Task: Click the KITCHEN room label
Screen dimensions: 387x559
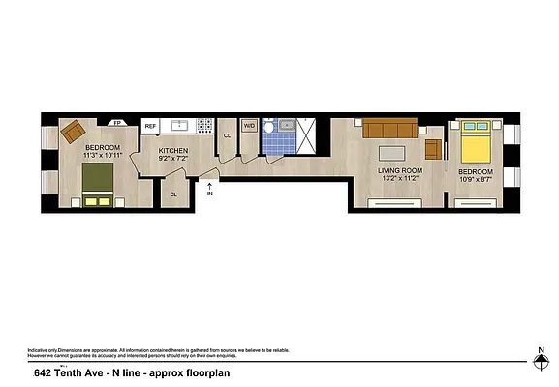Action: click(173, 152)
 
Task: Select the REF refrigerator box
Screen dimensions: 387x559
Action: click(150, 126)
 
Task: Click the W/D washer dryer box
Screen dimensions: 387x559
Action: click(248, 126)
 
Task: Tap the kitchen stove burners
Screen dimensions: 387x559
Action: click(204, 126)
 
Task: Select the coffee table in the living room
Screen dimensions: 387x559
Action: click(392, 151)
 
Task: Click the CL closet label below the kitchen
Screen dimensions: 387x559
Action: click(173, 194)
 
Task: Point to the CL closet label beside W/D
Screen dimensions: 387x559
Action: click(227, 135)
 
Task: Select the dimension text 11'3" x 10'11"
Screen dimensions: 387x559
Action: click(102, 155)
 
